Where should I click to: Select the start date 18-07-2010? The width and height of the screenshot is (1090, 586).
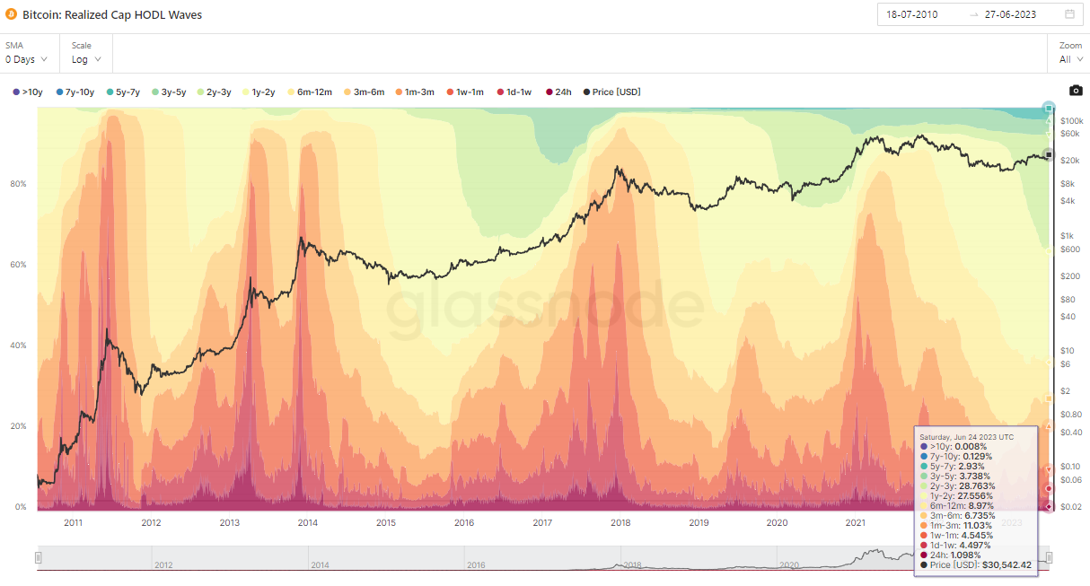coord(912,14)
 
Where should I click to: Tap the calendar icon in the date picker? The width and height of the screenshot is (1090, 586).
coord(1069,14)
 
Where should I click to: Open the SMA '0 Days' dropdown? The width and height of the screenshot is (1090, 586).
coord(26,59)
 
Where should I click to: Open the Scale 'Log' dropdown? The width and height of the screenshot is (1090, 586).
coord(86,59)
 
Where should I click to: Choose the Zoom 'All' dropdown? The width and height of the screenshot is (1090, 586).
coord(1070,59)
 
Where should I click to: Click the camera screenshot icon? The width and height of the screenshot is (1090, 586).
coord(1076,91)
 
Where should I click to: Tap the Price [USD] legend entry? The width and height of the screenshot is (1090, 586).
coord(611,92)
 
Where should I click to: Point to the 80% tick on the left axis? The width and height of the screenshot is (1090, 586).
coord(18,184)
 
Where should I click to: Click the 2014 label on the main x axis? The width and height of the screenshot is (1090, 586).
coord(307,522)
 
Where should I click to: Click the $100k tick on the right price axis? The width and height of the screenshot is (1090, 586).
coord(1072,120)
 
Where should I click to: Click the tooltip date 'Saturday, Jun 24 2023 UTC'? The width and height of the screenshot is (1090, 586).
coord(966,437)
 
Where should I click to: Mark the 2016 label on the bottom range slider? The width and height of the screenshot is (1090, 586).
coord(476,565)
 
